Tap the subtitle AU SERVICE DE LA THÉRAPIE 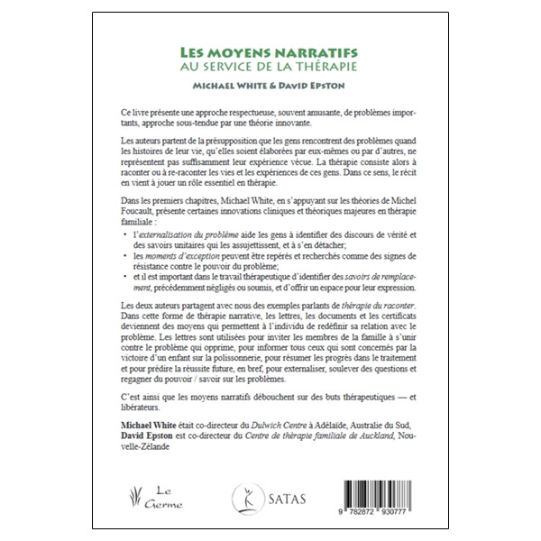point(270,68)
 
